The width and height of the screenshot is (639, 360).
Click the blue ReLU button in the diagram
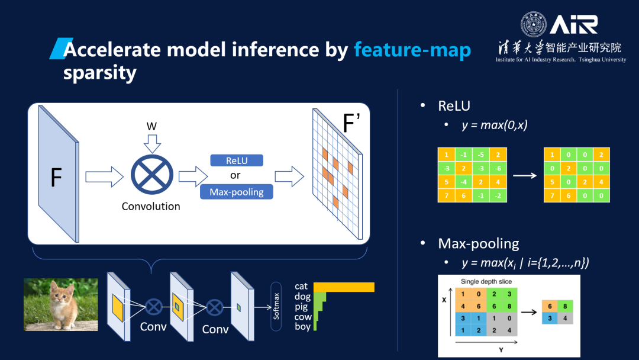point(236,160)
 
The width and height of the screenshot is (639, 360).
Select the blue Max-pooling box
point(236,192)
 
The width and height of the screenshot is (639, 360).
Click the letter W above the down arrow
point(151,126)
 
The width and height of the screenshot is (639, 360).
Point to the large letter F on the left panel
point(56,178)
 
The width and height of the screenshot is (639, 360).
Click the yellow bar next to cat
point(344,287)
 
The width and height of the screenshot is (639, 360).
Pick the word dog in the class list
point(302,297)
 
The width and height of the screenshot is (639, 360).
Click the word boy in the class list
point(302,326)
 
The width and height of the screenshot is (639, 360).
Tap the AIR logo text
point(573,25)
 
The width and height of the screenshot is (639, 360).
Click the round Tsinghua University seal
point(534,25)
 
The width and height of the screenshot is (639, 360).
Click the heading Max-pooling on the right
point(478,243)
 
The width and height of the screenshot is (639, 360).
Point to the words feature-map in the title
point(412,50)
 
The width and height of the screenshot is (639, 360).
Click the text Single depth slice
point(486,281)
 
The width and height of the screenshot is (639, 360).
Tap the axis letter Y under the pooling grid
point(501,349)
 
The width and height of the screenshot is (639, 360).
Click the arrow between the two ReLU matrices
point(525,175)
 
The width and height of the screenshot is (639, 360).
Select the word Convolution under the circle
point(151,207)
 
